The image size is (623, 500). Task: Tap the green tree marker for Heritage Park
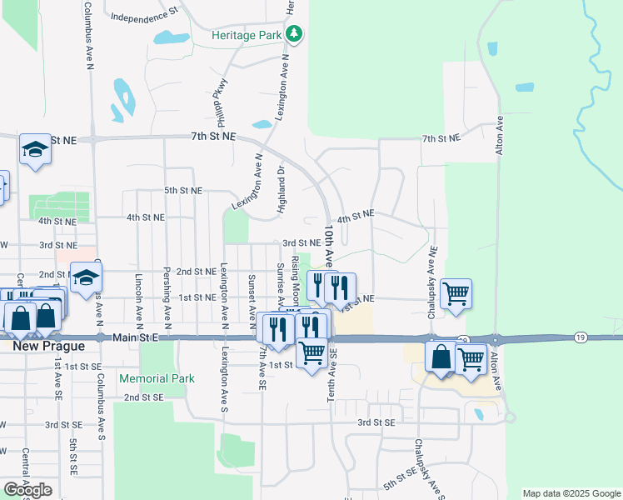[293, 35]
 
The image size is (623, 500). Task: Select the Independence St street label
[145, 16]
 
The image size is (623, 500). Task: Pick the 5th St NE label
[183, 190]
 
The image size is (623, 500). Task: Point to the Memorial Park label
[157, 378]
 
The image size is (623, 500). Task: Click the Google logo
[27, 490]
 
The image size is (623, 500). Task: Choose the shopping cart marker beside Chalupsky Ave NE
[456, 294]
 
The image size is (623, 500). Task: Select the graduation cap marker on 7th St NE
[35, 150]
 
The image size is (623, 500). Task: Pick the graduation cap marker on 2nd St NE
[86, 279]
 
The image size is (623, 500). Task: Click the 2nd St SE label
[143, 397]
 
